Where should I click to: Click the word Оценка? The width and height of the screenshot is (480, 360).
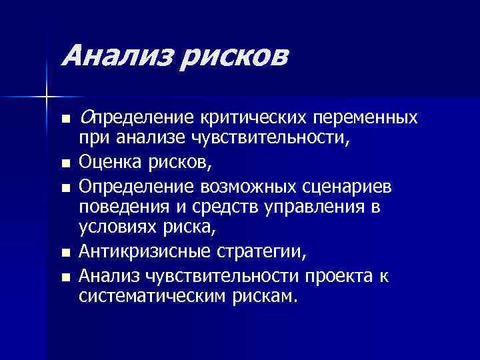[x=107, y=161]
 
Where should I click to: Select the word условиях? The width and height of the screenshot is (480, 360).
[x=118, y=229]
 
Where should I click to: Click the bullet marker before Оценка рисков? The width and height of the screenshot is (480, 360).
[x=64, y=161]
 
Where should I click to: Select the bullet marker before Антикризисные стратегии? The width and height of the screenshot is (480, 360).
[x=64, y=252]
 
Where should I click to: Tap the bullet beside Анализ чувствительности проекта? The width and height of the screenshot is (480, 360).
[x=64, y=275]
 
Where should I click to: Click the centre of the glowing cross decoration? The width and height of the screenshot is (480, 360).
[x=46, y=97]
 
